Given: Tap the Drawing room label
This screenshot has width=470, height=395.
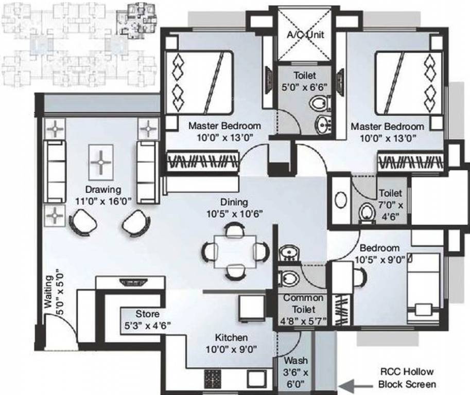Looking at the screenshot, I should coord(103,189).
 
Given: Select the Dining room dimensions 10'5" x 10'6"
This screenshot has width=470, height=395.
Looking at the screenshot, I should coord(234,213).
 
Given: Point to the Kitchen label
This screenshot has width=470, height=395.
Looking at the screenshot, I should coord(231,338).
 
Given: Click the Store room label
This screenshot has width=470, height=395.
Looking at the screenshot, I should coord(147,314).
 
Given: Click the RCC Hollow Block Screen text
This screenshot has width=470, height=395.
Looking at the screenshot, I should coord(407,378).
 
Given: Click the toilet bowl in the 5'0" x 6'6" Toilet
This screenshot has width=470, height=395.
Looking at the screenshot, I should coord(321,103).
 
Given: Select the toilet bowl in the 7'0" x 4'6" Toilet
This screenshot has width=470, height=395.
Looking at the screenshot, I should coord(367,212).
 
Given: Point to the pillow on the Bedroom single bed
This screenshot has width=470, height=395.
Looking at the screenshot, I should coord(424,309).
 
